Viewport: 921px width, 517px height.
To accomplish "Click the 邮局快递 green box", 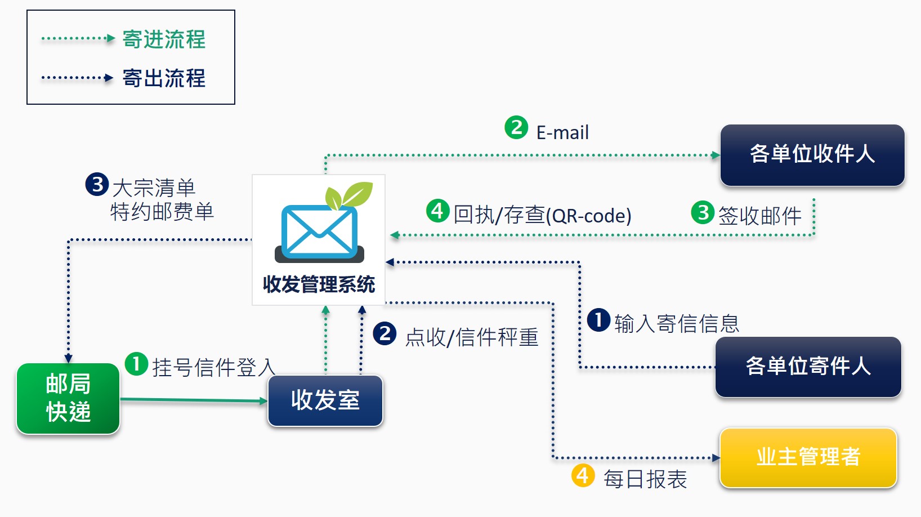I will pos(68,398).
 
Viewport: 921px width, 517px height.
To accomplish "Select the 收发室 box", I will pos(325,400).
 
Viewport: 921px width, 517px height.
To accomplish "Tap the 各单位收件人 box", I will pos(812,155).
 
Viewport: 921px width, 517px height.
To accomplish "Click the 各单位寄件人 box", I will pos(808,367).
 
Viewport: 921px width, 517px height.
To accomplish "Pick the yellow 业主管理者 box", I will pos(808,457).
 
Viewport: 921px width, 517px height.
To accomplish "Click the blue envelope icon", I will pos(319,232).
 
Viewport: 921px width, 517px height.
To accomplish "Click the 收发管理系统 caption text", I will pos(319,284).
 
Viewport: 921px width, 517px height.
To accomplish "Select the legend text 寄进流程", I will pos(164,39).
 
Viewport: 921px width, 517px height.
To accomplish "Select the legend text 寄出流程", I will pos(164,78).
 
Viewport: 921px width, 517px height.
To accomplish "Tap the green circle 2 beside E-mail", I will pos(516,127).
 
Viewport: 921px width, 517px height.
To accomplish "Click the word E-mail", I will pos(562,133).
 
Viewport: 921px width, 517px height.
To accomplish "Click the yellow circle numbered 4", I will pos(583,475).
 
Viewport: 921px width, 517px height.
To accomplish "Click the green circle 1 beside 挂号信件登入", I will pos(136,364).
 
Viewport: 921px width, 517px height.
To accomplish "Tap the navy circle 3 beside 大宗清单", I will pos(97,184).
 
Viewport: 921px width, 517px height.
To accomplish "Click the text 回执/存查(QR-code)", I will pos(542,215).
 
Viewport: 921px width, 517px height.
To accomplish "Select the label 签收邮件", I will pos(759,216).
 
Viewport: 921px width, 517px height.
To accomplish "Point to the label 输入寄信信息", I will pos(677,324).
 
